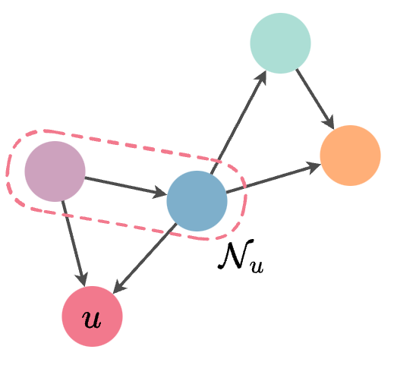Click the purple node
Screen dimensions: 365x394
[x=55, y=171]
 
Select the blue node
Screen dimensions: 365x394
[x=197, y=201]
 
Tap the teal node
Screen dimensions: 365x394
[x=280, y=43]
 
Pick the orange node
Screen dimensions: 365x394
[x=350, y=156]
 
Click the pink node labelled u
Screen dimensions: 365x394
[x=92, y=316]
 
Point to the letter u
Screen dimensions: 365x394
[x=92, y=319]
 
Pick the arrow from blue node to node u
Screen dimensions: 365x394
[x=144, y=258]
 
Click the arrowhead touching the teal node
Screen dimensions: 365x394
[x=261, y=77]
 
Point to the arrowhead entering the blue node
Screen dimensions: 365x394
[x=159, y=193]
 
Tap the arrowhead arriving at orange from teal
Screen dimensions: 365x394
[x=329, y=121]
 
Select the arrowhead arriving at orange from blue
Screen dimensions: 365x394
[x=313, y=166]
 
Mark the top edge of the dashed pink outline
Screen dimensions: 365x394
[x=129, y=144]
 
